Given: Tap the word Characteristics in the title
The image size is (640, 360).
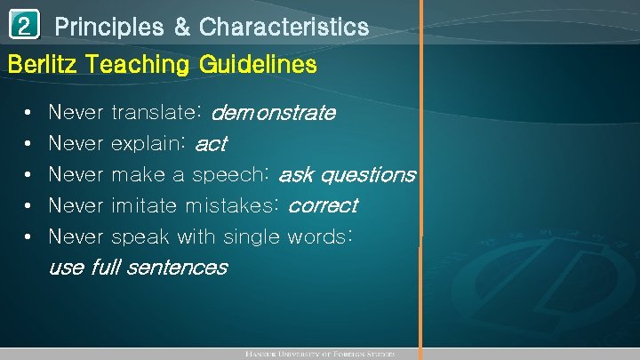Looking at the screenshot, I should (284, 28).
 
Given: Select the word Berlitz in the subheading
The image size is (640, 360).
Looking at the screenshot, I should (37, 65).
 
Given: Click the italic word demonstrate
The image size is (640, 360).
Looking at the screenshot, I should (274, 113).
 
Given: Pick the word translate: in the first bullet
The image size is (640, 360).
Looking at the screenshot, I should (158, 113).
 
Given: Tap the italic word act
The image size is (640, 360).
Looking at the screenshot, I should (211, 144).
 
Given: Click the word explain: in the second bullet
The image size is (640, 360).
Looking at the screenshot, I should (148, 144).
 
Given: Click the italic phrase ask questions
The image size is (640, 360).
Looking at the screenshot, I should (347, 175).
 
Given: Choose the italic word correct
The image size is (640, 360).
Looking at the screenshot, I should (323, 206).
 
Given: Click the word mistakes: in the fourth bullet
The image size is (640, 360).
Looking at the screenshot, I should (233, 206).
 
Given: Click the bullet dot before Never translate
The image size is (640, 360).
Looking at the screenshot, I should (30, 114).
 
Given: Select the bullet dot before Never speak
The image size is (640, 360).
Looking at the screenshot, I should (30, 238).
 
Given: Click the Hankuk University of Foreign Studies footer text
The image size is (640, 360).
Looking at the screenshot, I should (319, 354).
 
